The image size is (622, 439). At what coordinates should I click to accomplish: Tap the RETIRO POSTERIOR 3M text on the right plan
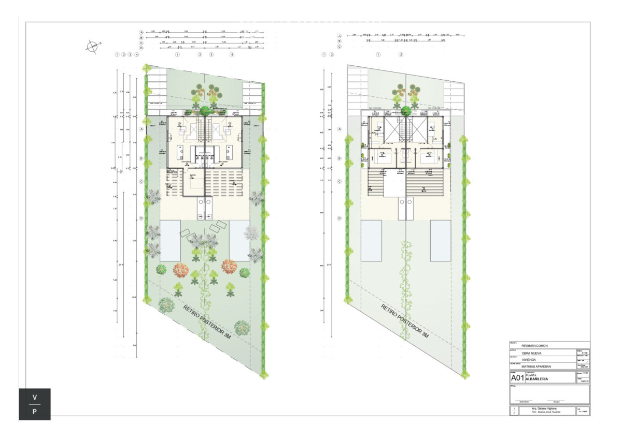[x=405, y=321]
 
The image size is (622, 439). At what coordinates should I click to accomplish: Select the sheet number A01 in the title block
[x=517, y=378]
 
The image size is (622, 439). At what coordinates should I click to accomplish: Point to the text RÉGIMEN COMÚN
[x=534, y=345]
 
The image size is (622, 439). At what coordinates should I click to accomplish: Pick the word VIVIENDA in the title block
[x=529, y=359]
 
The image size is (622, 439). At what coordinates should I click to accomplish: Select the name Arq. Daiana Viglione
[x=543, y=408]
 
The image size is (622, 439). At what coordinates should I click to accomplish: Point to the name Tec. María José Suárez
[x=543, y=412]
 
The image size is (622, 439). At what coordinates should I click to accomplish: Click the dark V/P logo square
[x=35, y=404]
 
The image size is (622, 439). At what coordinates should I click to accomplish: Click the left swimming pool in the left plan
[x=170, y=240]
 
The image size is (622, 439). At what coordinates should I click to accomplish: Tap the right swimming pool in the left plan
[x=240, y=240]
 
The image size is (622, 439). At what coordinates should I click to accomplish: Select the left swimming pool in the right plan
[x=371, y=240]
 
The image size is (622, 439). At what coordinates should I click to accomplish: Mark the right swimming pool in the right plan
[x=441, y=240]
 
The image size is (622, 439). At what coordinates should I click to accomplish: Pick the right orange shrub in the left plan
[x=229, y=266]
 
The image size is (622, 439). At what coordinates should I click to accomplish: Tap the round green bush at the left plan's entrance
[x=205, y=110]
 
